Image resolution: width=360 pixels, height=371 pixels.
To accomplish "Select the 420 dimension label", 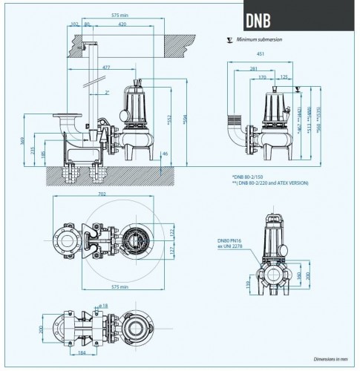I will [x=122, y=24].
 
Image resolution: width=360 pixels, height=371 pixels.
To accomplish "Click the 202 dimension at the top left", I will [x=75, y=24].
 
